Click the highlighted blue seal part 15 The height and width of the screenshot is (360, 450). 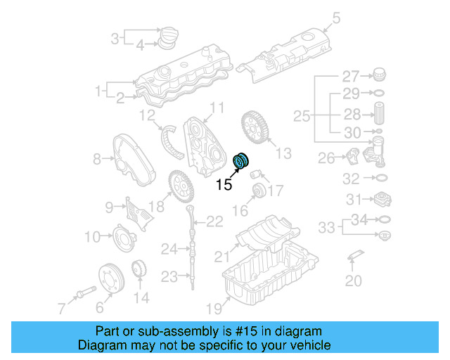[x=241, y=161]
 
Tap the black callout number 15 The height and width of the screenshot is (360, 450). [x=224, y=186]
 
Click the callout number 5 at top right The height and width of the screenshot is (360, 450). [x=337, y=18]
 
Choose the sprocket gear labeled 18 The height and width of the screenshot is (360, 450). [x=180, y=188]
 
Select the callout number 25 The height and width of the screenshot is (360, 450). [x=302, y=115]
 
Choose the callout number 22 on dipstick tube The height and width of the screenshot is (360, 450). [x=214, y=223]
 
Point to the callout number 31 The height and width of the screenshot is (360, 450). [x=351, y=200]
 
